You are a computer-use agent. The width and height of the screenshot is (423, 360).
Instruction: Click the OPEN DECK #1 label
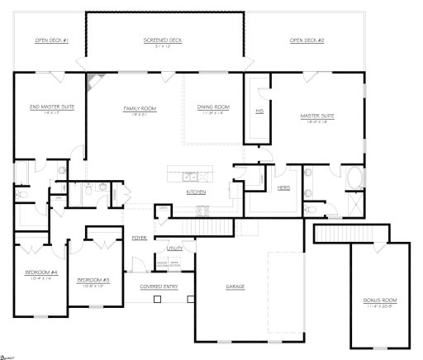(x=51, y=40)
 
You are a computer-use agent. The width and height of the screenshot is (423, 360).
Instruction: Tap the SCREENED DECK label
(x=163, y=40)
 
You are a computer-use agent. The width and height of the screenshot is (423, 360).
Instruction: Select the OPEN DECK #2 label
(x=307, y=40)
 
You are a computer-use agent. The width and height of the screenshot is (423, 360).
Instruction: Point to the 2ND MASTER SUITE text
(x=45, y=107)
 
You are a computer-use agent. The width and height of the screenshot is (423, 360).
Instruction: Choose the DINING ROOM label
(x=213, y=107)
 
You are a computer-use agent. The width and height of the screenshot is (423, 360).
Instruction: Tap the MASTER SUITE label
(x=316, y=116)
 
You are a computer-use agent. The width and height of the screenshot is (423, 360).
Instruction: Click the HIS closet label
(x=259, y=110)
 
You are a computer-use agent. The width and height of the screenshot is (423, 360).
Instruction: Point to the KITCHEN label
(x=196, y=192)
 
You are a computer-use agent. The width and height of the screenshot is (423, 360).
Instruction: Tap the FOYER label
(x=139, y=237)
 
